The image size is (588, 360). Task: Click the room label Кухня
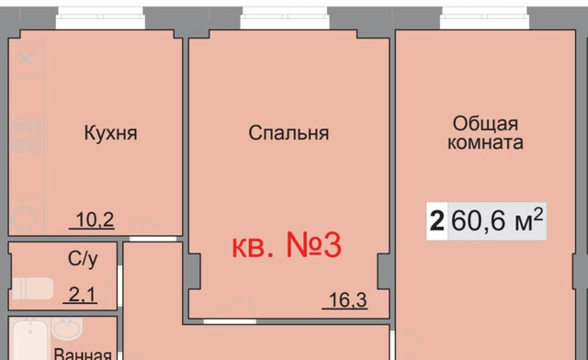pyautogui.click(x=110, y=134)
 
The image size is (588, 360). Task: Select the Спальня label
pyautogui.click(x=288, y=134)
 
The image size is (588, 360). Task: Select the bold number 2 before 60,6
pyautogui.click(x=435, y=221)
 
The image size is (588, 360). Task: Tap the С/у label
pyautogui.click(x=81, y=259)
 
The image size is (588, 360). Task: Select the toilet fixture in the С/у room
pyautogui.click(x=26, y=287)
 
